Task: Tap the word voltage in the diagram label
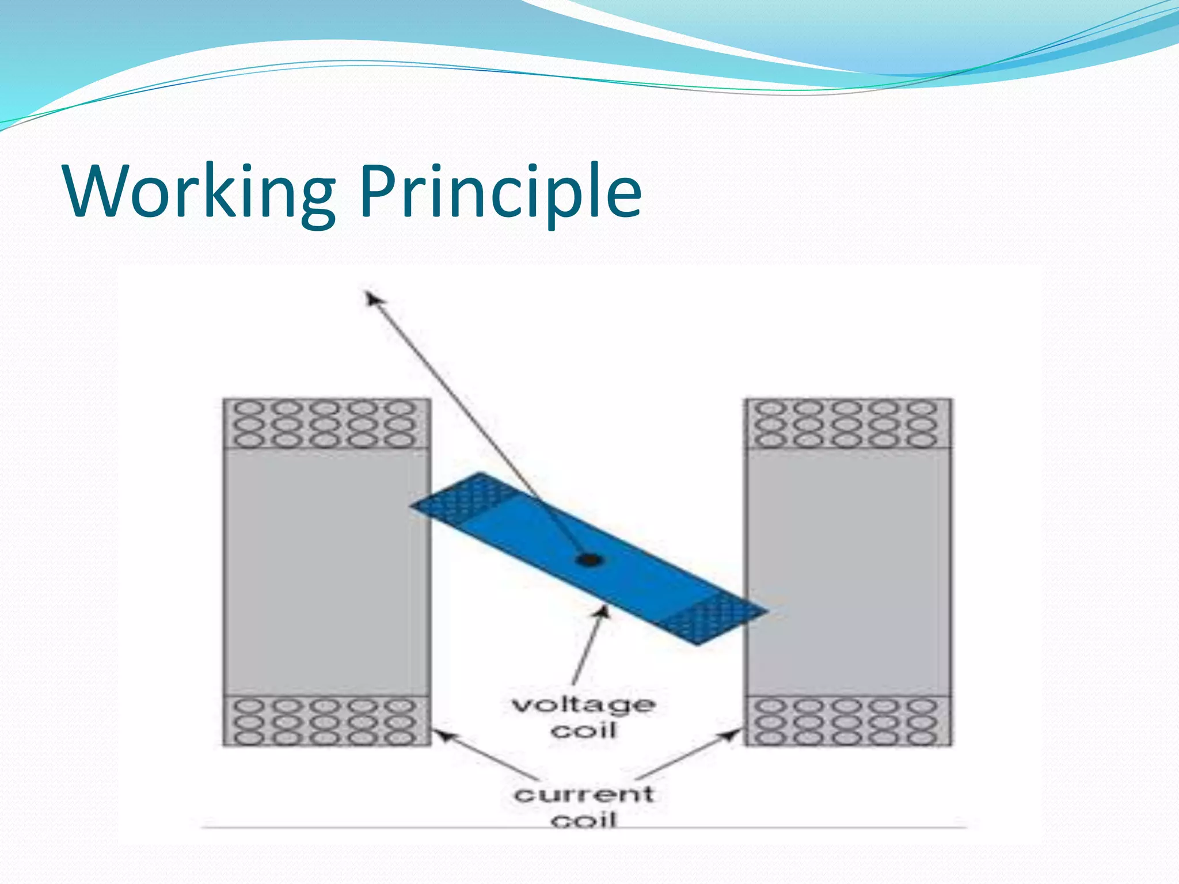coord(583,704)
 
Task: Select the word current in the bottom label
coord(584,795)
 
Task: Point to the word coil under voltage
coord(583,730)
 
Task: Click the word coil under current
coord(583,820)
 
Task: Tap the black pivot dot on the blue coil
coord(589,559)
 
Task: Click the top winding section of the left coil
coord(326,424)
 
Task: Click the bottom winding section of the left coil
coord(326,721)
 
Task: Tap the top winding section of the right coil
coord(847,424)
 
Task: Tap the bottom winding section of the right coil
coord(847,721)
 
